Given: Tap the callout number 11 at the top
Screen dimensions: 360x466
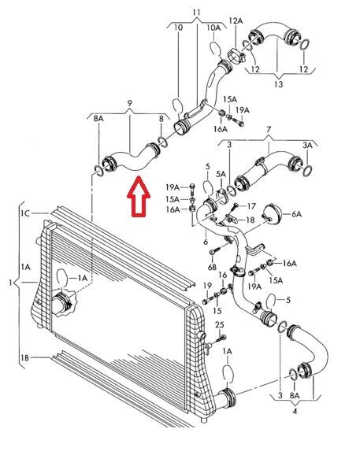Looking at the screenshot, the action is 196,13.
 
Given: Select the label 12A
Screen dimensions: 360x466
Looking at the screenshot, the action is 236,20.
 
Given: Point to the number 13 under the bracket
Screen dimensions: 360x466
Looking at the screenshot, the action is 278,84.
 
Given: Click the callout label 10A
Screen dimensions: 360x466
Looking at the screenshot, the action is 213,28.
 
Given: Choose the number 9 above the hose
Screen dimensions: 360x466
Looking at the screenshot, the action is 130,103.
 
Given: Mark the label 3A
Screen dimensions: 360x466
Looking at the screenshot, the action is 307,146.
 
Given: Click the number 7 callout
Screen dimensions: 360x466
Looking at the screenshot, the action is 269,130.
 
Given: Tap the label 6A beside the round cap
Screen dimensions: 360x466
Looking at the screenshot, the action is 296,213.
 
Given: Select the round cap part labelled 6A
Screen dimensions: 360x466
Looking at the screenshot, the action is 272,213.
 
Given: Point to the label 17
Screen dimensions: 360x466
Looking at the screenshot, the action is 251,206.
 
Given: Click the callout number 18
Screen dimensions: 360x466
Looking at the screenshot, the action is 251,220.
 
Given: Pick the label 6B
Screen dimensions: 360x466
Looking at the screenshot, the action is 212,267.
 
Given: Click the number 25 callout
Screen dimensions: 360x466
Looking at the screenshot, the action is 219,325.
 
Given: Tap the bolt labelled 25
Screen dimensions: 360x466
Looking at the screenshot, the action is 221,338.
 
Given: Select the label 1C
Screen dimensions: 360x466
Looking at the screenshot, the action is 25,213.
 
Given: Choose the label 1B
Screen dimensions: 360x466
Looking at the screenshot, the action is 25,358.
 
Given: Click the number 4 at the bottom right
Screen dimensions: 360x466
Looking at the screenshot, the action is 295,412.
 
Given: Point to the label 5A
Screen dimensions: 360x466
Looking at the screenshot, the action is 221,174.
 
